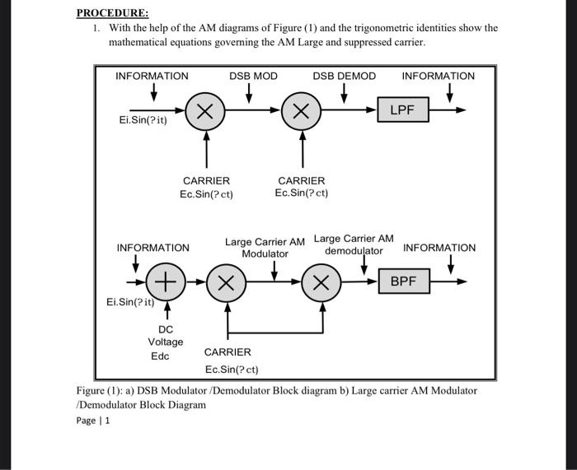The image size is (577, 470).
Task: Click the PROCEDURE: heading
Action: pyautogui.click(x=113, y=12)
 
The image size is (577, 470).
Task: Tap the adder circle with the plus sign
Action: pyautogui.click(x=166, y=282)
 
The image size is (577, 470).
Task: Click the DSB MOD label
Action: pyautogui.click(x=253, y=76)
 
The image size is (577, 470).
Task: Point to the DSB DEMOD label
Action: pyautogui.click(x=344, y=76)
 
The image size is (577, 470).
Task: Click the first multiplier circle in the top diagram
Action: pyautogui.click(x=205, y=111)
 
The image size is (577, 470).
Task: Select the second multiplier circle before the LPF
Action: pyautogui.click(x=302, y=111)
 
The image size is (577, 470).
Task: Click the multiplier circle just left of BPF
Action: pyautogui.click(x=321, y=282)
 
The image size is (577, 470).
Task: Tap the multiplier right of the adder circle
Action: pyautogui.click(x=225, y=282)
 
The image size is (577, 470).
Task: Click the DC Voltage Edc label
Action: pyautogui.click(x=165, y=342)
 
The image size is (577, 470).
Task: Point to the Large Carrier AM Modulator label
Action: pyautogui.click(x=265, y=248)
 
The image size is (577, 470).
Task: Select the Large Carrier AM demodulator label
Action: pyautogui.click(x=354, y=244)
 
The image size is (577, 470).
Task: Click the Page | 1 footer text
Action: pyautogui.click(x=92, y=421)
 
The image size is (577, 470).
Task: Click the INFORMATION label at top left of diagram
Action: pyautogui.click(x=152, y=76)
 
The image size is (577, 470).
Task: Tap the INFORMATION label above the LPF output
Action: pyautogui.click(x=438, y=76)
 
